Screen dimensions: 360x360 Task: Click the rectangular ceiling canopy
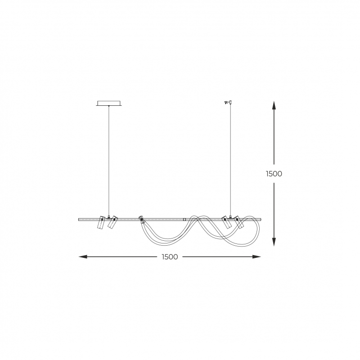pyautogui.click(x=108, y=103)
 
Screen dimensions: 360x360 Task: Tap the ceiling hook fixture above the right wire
pyautogui.click(x=229, y=103)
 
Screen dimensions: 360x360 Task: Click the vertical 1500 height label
pyautogui.click(x=274, y=174)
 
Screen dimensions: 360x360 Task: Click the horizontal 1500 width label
pyautogui.click(x=170, y=256)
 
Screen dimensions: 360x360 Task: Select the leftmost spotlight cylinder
pyautogui.click(x=101, y=222)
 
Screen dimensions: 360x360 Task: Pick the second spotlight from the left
pyautogui.click(x=112, y=222)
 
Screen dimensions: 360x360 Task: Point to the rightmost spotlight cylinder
pyautogui.click(x=239, y=222)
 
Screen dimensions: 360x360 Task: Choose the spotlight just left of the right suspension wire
pyautogui.click(x=226, y=222)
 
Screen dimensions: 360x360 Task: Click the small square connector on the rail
pyautogui.click(x=184, y=220)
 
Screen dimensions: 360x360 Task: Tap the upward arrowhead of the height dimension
pyautogui.click(x=274, y=105)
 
